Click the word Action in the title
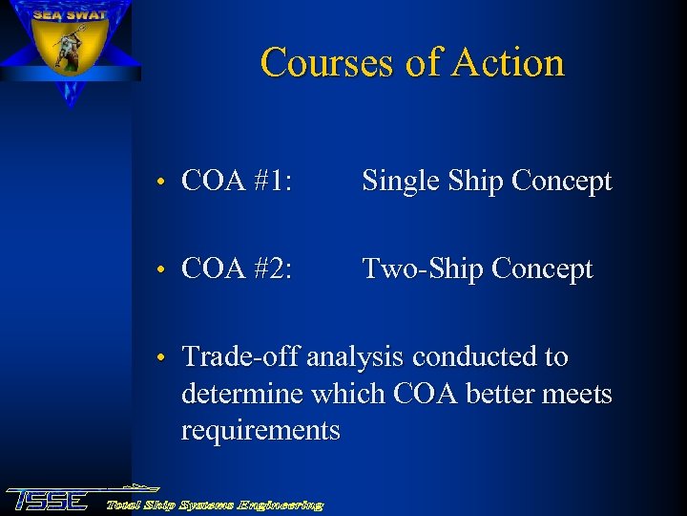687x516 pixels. pos(509,63)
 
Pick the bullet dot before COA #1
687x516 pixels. pos(163,183)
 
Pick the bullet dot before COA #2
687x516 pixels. pos(163,270)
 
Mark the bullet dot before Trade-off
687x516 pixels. pos(163,358)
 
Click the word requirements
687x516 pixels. pos(260,431)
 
